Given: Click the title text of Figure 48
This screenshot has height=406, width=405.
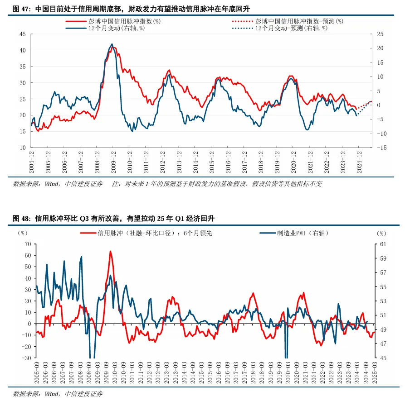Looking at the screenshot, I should click(x=113, y=219).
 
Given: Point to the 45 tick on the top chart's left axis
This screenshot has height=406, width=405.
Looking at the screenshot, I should click(x=22, y=34).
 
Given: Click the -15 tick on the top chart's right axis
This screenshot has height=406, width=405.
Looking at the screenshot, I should click(x=382, y=148).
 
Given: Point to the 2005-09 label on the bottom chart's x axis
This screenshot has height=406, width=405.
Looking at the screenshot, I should click(x=36, y=372).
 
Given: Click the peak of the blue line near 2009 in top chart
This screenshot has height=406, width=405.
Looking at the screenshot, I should click(x=112, y=44).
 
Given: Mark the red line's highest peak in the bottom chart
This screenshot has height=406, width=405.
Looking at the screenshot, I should click(x=110, y=251).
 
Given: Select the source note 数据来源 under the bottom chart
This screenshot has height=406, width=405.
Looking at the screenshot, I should click(x=58, y=394).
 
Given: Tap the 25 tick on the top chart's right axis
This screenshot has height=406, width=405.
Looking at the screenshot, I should click(x=381, y=34).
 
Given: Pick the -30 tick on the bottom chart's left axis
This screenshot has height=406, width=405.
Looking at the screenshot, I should click(x=26, y=358).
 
